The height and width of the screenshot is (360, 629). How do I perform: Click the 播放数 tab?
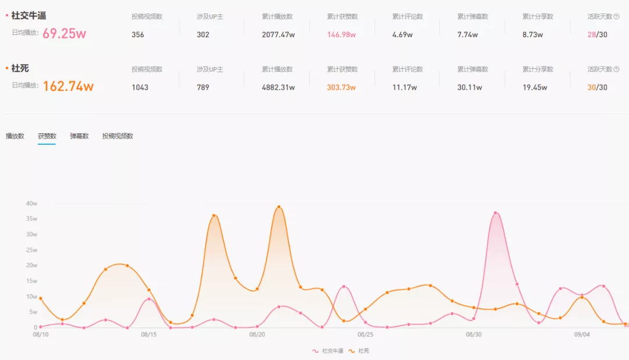(15, 136)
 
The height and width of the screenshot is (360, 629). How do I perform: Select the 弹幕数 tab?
(79, 136)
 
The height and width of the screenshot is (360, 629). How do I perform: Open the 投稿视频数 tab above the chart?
(118, 136)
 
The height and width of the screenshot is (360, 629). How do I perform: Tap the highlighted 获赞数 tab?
(47, 136)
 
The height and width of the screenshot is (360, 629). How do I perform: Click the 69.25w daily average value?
(64, 33)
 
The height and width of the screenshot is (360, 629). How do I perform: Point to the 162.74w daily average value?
(68, 87)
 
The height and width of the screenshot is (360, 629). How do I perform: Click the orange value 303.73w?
(341, 87)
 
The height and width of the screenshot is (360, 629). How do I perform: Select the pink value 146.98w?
(341, 35)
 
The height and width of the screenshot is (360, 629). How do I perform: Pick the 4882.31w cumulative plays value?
(278, 87)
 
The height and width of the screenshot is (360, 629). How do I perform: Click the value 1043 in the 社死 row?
(140, 87)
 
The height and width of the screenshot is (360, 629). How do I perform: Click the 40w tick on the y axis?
(31, 203)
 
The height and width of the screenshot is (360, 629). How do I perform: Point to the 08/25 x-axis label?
(365, 335)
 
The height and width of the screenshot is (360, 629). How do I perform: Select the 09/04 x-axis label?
(582, 335)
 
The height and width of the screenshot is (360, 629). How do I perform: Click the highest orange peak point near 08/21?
(279, 207)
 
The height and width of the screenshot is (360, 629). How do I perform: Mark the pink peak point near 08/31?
(496, 213)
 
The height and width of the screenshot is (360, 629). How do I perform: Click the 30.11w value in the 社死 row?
(468, 87)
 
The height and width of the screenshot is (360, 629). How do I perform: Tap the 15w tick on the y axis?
(31, 281)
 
